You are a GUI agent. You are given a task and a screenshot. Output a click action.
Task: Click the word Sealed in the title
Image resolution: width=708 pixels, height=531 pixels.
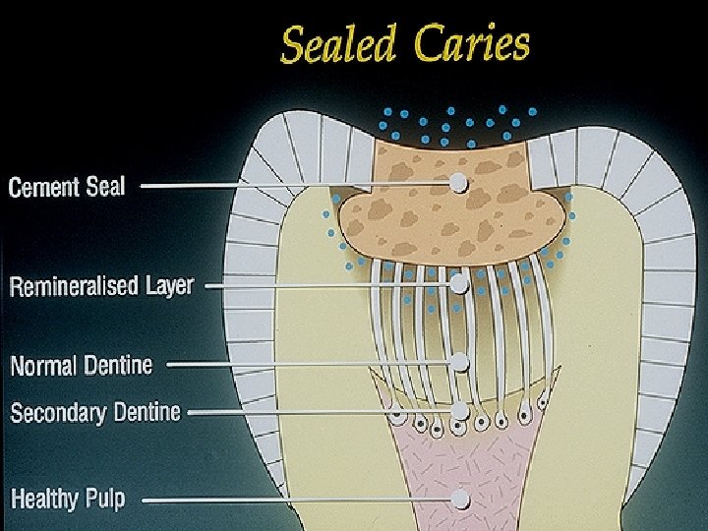point(337,44)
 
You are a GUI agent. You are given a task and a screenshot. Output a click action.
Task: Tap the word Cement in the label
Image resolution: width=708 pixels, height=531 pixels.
point(46,187)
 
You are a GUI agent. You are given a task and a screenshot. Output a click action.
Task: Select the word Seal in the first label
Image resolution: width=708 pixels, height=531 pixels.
point(106,186)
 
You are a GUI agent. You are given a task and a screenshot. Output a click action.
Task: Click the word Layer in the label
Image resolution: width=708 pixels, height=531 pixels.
point(169,286)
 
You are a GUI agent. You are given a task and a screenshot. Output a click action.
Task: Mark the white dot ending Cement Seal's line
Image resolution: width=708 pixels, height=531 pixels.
point(458,182)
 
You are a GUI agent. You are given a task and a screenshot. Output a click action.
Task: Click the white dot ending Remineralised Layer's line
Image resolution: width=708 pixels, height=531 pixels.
point(458,283)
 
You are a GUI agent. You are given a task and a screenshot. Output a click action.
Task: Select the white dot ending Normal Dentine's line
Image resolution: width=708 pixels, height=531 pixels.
point(459,362)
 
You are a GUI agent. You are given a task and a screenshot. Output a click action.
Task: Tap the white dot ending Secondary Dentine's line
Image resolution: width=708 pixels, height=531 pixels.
point(459,409)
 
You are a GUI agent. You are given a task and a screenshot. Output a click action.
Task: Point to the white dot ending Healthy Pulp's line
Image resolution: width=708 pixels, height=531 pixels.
point(459,499)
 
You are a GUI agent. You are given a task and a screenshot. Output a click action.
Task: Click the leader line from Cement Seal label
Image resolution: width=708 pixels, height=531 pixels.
point(295,183)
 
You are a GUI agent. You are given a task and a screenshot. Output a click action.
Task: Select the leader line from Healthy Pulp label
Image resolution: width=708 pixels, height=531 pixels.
point(295,499)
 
